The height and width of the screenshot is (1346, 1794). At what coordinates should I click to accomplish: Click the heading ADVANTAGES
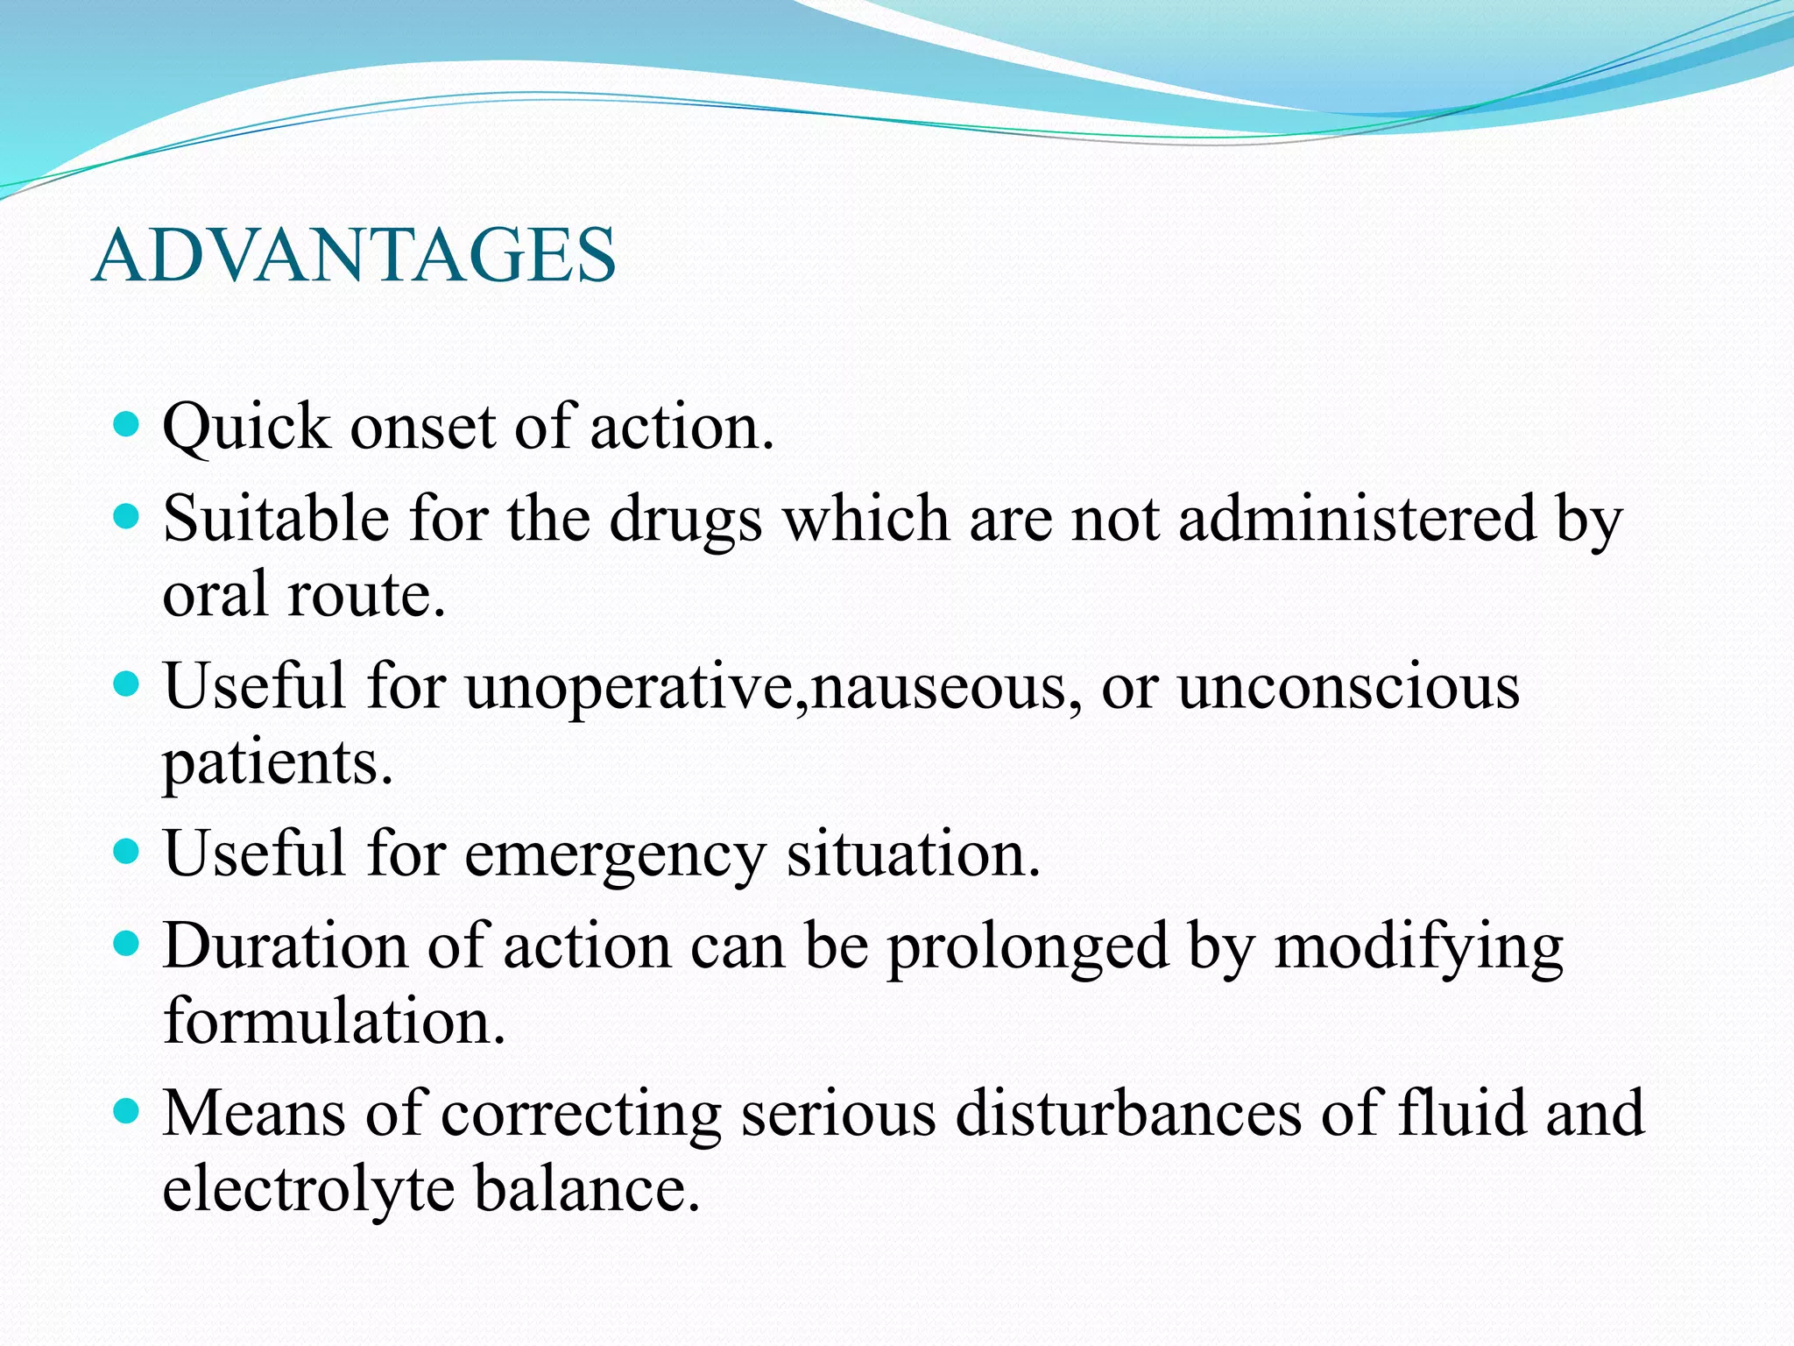pyautogui.click(x=354, y=256)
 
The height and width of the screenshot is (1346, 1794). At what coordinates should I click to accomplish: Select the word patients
pyautogui.click(x=278, y=763)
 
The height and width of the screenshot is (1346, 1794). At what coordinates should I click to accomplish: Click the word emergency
pyautogui.click(x=615, y=854)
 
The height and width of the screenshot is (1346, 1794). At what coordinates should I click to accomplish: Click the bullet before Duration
pyautogui.click(x=128, y=945)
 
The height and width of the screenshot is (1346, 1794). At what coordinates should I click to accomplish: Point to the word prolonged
pyautogui.click(x=1028, y=948)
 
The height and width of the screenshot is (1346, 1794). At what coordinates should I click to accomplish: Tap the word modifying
pyautogui.click(x=1418, y=948)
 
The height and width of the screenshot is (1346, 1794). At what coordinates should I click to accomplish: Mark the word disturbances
pyautogui.click(x=1128, y=1114)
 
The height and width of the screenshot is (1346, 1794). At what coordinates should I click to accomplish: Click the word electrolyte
pyautogui.click(x=307, y=1190)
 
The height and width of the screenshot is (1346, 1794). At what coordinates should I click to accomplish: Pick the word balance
pyautogui.click(x=587, y=1190)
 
